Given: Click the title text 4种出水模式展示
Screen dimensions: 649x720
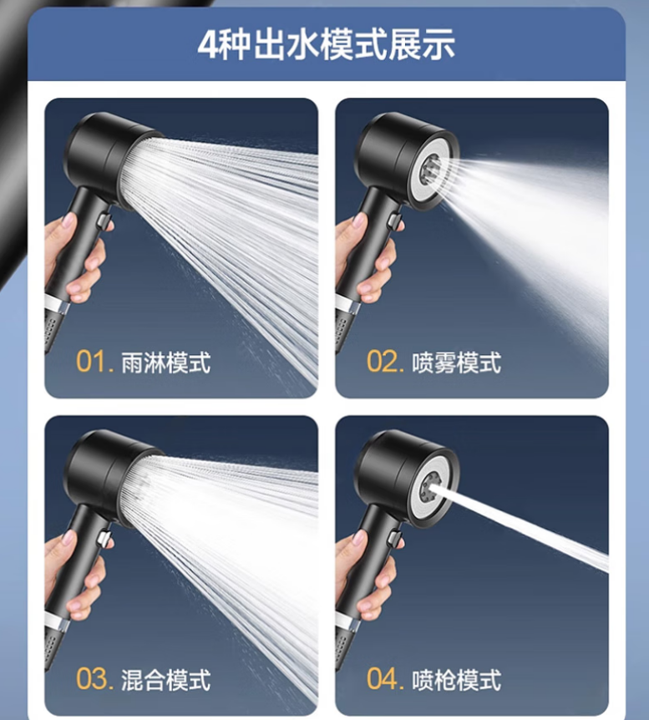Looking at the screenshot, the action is pyautogui.click(x=326, y=44).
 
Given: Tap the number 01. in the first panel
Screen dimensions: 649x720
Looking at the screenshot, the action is pyautogui.click(x=94, y=362).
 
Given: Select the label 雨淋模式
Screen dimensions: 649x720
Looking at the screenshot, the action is pyautogui.click(x=166, y=363).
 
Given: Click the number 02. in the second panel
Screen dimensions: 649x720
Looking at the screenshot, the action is pyautogui.click(x=385, y=362).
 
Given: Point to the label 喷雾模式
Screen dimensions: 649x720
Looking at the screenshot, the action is pyautogui.click(x=456, y=363).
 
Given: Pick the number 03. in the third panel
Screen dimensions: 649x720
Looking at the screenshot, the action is pyautogui.click(x=94, y=679).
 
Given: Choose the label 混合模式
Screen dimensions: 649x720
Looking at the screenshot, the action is pyautogui.click(x=166, y=680).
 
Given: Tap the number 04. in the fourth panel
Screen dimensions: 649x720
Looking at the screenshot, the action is pyautogui.click(x=385, y=679).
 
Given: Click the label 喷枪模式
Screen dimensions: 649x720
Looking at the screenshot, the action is pyautogui.click(x=456, y=680).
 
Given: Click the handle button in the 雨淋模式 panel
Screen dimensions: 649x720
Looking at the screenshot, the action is pyautogui.click(x=104, y=221).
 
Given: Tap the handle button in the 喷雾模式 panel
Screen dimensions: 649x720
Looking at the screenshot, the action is pyautogui.click(x=395, y=221).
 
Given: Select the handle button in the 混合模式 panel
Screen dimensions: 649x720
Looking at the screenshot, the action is pyautogui.click(x=104, y=539).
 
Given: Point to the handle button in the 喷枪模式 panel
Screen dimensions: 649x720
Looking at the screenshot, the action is pyautogui.click(x=395, y=539).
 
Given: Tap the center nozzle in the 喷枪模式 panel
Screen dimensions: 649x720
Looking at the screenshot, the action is pyautogui.click(x=431, y=485).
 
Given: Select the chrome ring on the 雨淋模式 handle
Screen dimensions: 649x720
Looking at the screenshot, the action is pyautogui.click(x=57, y=303).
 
